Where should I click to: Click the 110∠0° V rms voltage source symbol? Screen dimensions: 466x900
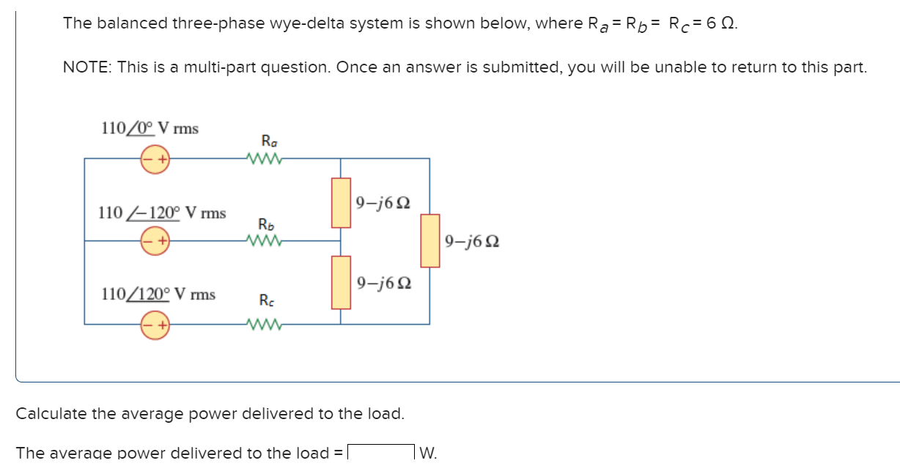(x=155, y=158)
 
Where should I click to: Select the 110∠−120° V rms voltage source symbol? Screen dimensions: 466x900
(x=155, y=240)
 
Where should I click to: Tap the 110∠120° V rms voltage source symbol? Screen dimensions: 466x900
(x=155, y=323)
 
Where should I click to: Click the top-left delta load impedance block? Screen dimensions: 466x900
(x=341, y=202)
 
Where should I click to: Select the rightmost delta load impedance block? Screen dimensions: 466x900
(x=429, y=240)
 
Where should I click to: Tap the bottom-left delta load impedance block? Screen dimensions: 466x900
(x=341, y=282)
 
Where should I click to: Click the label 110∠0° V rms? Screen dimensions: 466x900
(x=150, y=128)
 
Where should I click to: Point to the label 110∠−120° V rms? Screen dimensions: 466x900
(x=162, y=213)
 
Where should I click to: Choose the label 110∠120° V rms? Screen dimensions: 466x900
(x=158, y=295)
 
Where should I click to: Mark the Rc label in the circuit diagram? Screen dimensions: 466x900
(x=267, y=300)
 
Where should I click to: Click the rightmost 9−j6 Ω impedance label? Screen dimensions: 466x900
(x=472, y=240)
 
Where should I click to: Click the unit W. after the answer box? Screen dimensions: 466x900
(x=429, y=454)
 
